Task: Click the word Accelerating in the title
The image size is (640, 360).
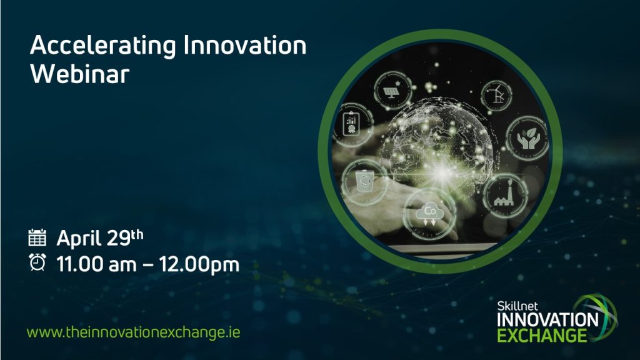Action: click(x=103, y=46)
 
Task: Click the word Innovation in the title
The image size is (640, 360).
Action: click(x=245, y=45)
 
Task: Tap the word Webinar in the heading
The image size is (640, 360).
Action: click(x=79, y=74)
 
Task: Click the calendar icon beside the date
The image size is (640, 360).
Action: click(x=37, y=237)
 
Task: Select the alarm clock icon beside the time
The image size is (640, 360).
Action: click(x=37, y=262)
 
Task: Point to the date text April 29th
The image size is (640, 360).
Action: click(x=100, y=238)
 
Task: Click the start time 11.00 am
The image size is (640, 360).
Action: click(x=96, y=264)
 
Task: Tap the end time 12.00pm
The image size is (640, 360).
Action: click(x=199, y=265)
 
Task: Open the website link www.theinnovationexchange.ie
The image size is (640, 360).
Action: click(x=134, y=332)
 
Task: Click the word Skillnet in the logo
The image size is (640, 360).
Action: click(x=517, y=306)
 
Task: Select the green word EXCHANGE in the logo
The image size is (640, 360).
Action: click(x=542, y=335)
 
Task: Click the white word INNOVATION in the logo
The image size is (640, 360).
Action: click(x=547, y=319)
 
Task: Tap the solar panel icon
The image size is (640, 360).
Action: click(x=392, y=91)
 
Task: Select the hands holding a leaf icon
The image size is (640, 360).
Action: click(x=528, y=138)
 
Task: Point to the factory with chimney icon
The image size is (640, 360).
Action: click(x=505, y=195)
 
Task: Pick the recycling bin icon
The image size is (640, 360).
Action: click(x=364, y=181)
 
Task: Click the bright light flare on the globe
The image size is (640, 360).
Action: click(x=442, y=174)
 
